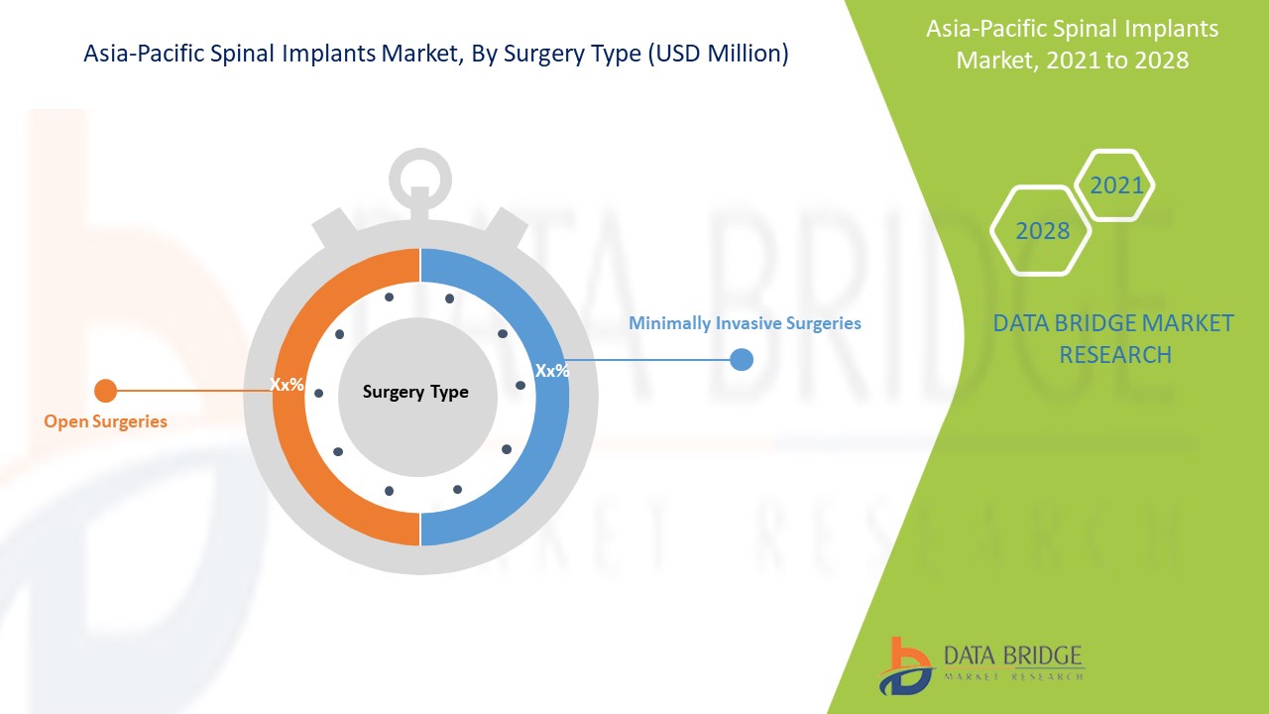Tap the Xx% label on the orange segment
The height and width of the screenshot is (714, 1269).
tap(287, 384)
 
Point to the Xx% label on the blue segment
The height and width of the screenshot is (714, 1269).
tap(552, 371)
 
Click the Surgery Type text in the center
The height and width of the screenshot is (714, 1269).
tap(415, 392)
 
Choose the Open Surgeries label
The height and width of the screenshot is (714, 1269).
tap(105, 421)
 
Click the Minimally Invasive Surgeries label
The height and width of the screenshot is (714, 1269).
tap(745, 323)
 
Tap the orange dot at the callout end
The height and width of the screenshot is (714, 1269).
tap(105, 391)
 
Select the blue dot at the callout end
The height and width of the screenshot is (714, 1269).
tap(741, 359)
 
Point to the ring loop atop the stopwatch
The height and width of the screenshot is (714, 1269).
tap(420, 153)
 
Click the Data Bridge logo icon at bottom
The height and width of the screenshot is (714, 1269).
tap(905, 666)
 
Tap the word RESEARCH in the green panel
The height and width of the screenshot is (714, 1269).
tap(1115, 355)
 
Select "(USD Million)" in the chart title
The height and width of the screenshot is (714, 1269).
tap(719, 54)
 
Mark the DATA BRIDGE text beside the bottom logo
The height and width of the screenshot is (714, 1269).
tap(1012, 656)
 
